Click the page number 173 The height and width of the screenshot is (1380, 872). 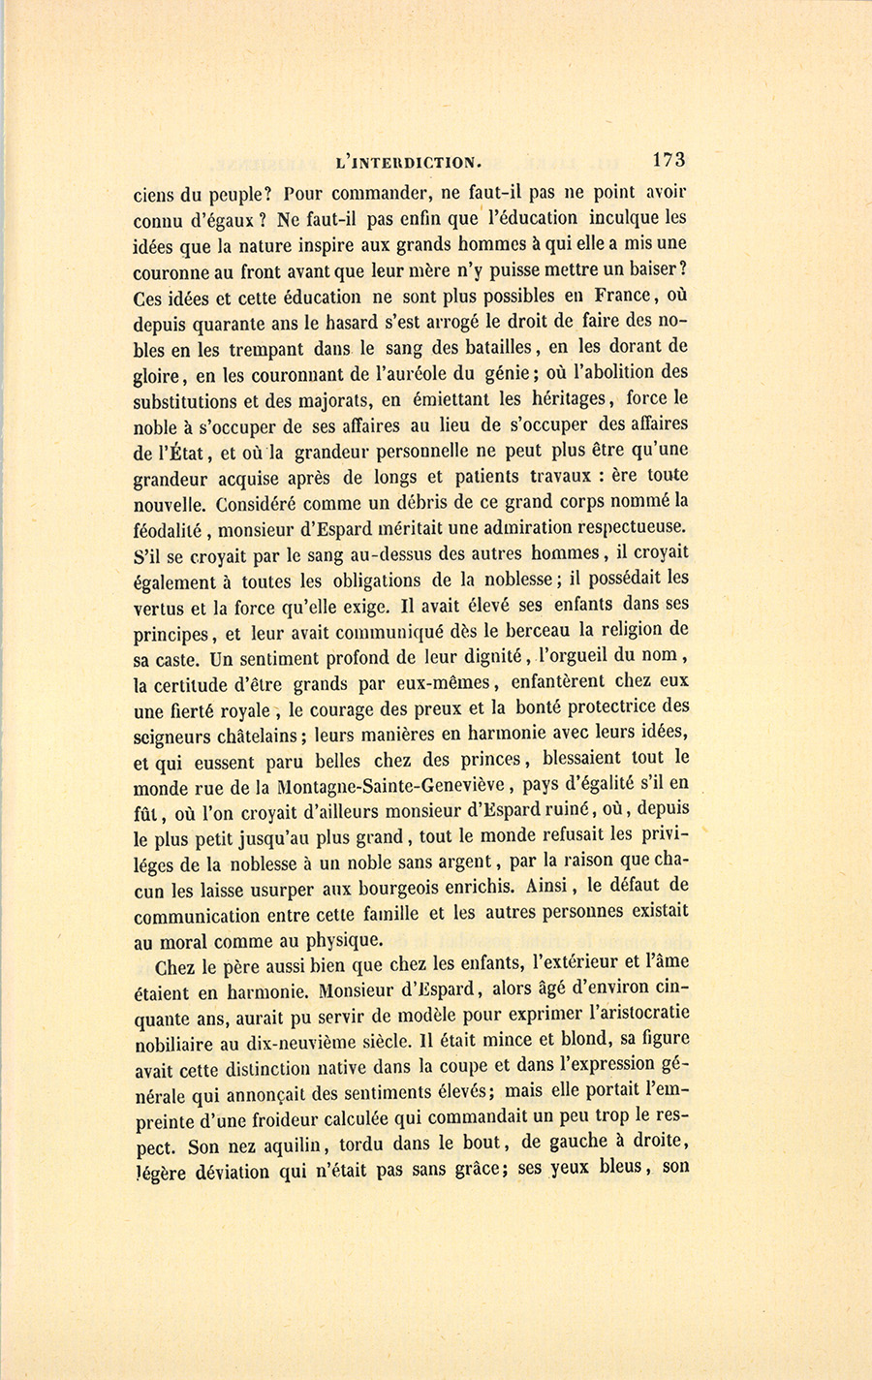[669, 160]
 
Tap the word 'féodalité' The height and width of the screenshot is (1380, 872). [172, 528]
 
